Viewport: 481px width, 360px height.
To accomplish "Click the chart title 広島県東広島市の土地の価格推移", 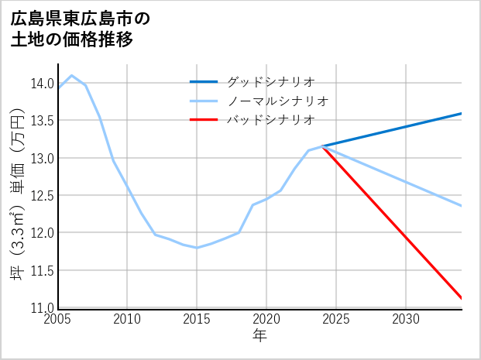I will tap(81, 29).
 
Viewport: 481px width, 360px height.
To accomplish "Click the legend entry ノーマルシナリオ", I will tap(278, 101).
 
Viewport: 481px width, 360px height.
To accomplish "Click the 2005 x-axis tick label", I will tap(58, 319).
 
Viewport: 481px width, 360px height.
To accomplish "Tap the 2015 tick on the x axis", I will tap(197, 319).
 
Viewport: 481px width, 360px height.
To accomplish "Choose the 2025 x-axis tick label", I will tap(336, 319).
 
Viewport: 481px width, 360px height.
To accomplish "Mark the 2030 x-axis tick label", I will tap(406, 319).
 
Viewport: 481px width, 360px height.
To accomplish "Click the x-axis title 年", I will tap(259, 336).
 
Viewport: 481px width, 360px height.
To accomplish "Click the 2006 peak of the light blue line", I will tap(72, 76).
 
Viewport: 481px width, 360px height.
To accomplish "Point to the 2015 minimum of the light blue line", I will tap(197, 248).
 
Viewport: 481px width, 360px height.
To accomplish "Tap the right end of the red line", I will tap(462, 298).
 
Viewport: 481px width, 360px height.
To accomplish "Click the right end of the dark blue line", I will tap(462, 114).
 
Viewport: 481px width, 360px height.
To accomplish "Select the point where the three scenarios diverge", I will tap(322, 146).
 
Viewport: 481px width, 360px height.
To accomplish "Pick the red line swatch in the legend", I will tap(204, 120).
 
